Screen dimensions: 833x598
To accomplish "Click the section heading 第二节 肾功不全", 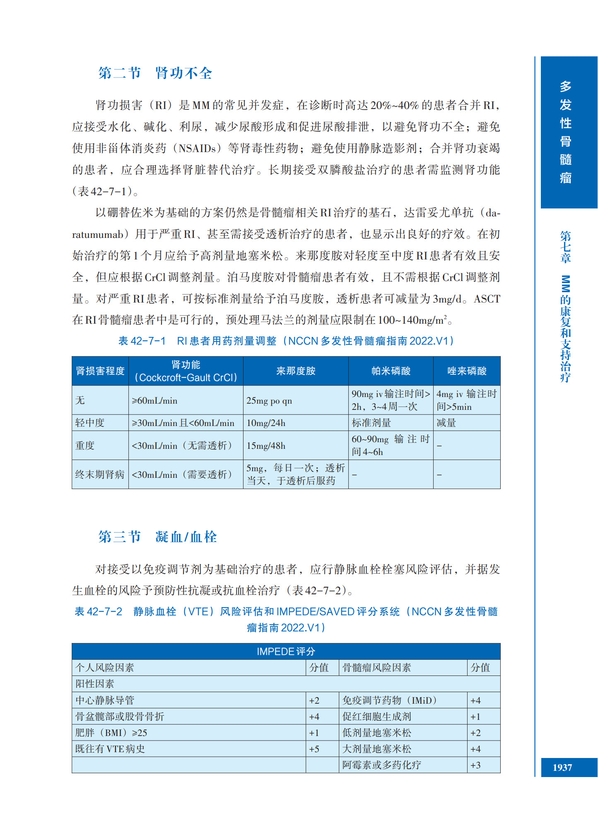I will [x=155, y=73].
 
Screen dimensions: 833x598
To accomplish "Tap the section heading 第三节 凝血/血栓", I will [x=157, y=537].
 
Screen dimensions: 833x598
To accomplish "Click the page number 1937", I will [x=562, y=768].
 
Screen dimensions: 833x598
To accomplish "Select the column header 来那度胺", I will [x=296, y=371].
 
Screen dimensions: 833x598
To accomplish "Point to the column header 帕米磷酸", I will [x=391, y=371].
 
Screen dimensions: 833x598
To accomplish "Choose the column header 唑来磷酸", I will [x=467, y=371].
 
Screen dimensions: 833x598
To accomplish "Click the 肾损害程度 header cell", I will [x=100, y=371].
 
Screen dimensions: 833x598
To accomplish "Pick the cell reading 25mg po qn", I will [x=269, y=401].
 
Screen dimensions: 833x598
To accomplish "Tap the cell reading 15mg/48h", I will [x=266, y=446].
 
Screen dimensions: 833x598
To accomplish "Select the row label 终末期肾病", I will [x=100, y=475].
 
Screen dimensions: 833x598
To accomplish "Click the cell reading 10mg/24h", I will [x=266, y=423].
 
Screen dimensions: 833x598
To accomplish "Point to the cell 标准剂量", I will [x=371, y=423].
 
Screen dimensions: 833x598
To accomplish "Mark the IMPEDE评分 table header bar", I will [x=286, y=651].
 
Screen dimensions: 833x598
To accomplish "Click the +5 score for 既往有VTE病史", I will [x=314, y=749].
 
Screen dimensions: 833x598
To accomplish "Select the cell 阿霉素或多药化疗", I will [x=381, y=765].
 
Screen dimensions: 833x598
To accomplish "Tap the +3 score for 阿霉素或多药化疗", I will [x=475, y=765].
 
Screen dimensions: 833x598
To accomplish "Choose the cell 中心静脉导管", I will [x=105, y=700].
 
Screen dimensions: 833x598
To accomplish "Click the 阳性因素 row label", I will [x=95, y=684].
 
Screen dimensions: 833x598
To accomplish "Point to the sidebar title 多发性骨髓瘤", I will [x=565, y=132].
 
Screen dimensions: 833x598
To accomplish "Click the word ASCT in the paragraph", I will [x=487, y=299].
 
